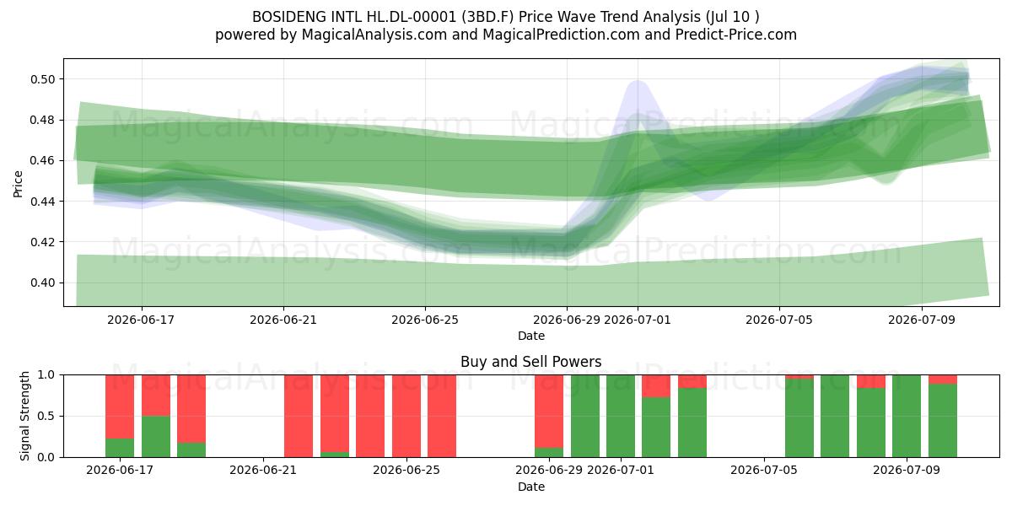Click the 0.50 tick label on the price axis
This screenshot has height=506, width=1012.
(x=42, y=79)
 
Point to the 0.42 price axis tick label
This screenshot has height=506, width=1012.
(x=42, y=242)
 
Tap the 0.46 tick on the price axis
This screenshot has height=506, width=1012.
(x=42, y=161)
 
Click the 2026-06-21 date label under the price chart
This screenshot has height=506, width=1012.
(x=283, y=320)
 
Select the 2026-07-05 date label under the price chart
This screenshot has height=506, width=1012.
(x=779, y=320)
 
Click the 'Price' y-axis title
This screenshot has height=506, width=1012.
(x=18, y=184)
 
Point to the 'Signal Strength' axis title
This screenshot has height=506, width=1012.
(x=24, y=416)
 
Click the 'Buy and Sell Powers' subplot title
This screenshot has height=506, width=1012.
(x=530, y=362)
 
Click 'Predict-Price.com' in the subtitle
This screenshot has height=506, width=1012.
(x=736, y=35)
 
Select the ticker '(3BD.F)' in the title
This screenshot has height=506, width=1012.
(x=487, y=17)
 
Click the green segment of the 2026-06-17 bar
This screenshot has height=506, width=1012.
(x=120, y=448)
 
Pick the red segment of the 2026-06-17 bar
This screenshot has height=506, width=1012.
(x=120, y=406)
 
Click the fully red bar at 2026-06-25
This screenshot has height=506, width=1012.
(x=406, y=416)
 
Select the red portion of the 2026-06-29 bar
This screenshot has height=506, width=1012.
(x=549, y=412)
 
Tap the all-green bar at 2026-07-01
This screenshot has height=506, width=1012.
(x=621, y=416)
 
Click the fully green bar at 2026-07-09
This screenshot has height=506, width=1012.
(x=907, y=416)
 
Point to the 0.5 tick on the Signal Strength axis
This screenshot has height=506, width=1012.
(x=46, y=416)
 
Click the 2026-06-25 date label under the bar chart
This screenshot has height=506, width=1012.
(x=406, y=471)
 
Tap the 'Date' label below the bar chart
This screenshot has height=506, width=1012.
(x=530, y=487)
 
